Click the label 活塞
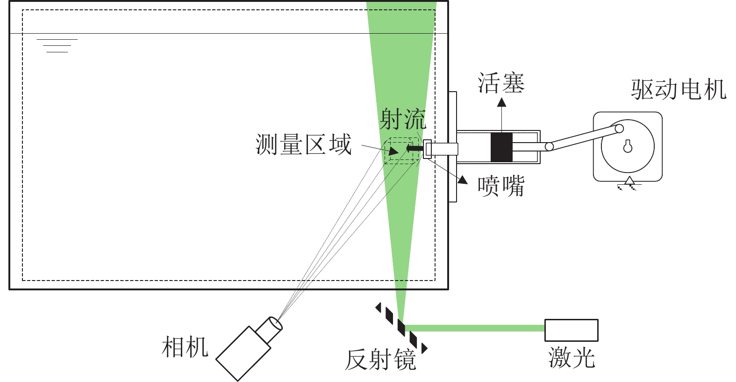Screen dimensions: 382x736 tap(501, 83)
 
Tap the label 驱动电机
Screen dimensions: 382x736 tap(679, 89)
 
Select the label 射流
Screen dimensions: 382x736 tap(403, 119)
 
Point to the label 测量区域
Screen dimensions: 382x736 tap(303, 144)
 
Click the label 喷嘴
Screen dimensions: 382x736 tap(501, 186)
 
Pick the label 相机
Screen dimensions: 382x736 tap(185, 347)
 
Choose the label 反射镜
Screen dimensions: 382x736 tap(380, 360)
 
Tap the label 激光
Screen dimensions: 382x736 tap(572, 358)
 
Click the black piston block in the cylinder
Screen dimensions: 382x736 tap(501, 147)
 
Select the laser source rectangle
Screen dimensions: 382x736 tap(571, 330)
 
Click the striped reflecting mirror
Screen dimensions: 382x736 tap(401, 327)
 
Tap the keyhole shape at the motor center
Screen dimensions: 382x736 tap(628, 146)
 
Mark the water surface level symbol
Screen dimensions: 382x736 tap(57, 45)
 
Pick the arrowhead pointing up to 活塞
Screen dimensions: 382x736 tap(501, 102)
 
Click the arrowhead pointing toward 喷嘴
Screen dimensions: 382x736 tap(463, 179)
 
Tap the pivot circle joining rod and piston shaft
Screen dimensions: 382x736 tap(550, 147)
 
